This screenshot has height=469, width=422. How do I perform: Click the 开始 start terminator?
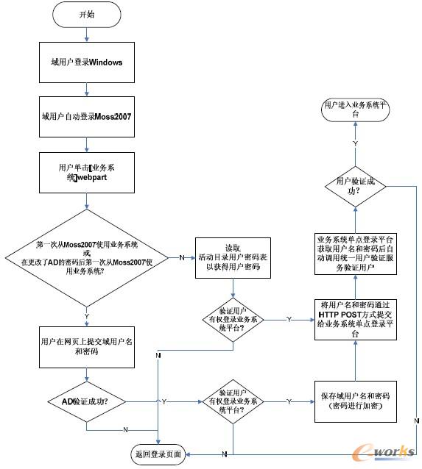point(87,14)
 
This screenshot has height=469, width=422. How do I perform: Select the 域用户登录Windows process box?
point(87,62)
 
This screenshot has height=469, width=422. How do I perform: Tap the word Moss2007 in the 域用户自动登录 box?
point(110,117)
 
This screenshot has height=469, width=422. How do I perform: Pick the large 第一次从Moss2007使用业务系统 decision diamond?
point(87,257)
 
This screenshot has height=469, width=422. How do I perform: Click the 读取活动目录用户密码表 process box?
point(232,258)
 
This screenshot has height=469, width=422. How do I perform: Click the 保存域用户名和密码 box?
point(356,401)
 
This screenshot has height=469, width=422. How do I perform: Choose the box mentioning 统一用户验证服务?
point(356,254)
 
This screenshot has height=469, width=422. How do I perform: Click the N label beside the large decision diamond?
point(181,257)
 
